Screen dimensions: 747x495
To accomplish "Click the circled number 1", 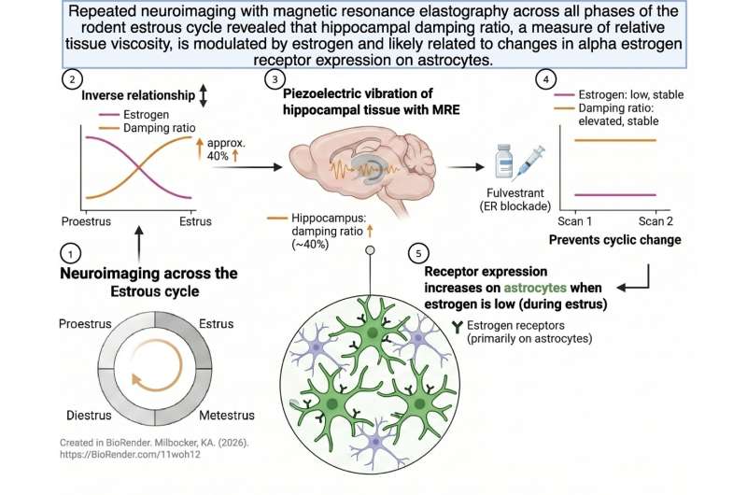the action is [x=71, y=253].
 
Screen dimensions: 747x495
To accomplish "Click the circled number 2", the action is [x=72, y=79].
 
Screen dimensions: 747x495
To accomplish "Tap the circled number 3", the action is [x=275, y=79].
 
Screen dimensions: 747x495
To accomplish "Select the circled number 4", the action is [x=545, y=79].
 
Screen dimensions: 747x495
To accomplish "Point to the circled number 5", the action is [x=418, y=253].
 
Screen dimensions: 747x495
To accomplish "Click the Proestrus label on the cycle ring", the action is [x=85, y=324].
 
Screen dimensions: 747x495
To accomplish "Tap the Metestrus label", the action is [x=227, y=415].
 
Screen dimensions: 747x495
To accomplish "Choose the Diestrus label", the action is [x=89, y=415].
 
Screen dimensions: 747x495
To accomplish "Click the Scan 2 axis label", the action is [x=655, y=221].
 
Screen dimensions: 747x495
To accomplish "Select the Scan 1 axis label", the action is [x=574, y=221].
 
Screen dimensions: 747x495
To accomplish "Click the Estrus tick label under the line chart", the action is [x=195, y=221].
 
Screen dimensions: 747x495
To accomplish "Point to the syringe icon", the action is [x=529, y=163].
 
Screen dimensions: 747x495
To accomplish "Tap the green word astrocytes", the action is [x=535, y=288].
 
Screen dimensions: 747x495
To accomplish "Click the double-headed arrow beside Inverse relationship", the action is [x=204, y=95].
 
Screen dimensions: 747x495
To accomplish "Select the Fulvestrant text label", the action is [x=515, y=193].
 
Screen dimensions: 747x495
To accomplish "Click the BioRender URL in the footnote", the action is [x=130, y=455].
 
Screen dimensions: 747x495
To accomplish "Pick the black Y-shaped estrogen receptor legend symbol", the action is [x=458, y=326].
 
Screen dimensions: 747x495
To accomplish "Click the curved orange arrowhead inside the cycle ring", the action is [x=136, y=380].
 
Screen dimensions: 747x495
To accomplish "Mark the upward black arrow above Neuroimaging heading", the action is [x=139, y=245].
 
